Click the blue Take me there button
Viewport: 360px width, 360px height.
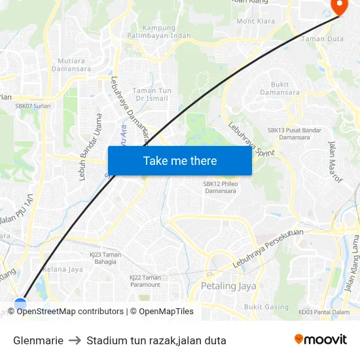(180, 160)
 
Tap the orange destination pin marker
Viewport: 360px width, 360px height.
(340, 7)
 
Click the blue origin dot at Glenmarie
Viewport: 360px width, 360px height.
(20, 303)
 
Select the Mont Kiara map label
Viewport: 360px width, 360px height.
(256, 21)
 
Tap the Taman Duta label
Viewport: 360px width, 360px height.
(322, 39)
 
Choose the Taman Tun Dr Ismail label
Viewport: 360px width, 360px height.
(151, 94)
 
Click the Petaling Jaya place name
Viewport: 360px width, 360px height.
(228, 286)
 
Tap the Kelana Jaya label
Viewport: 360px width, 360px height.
(63, 269)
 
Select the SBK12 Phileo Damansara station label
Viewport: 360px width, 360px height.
(219, 187)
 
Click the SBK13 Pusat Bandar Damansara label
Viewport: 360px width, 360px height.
(295, 134)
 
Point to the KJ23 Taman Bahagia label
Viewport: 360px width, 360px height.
(105, 258)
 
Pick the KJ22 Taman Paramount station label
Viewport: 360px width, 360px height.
(145, 281)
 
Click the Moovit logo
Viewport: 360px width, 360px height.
(321, 340)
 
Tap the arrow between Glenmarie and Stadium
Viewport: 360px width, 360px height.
(75, 340)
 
